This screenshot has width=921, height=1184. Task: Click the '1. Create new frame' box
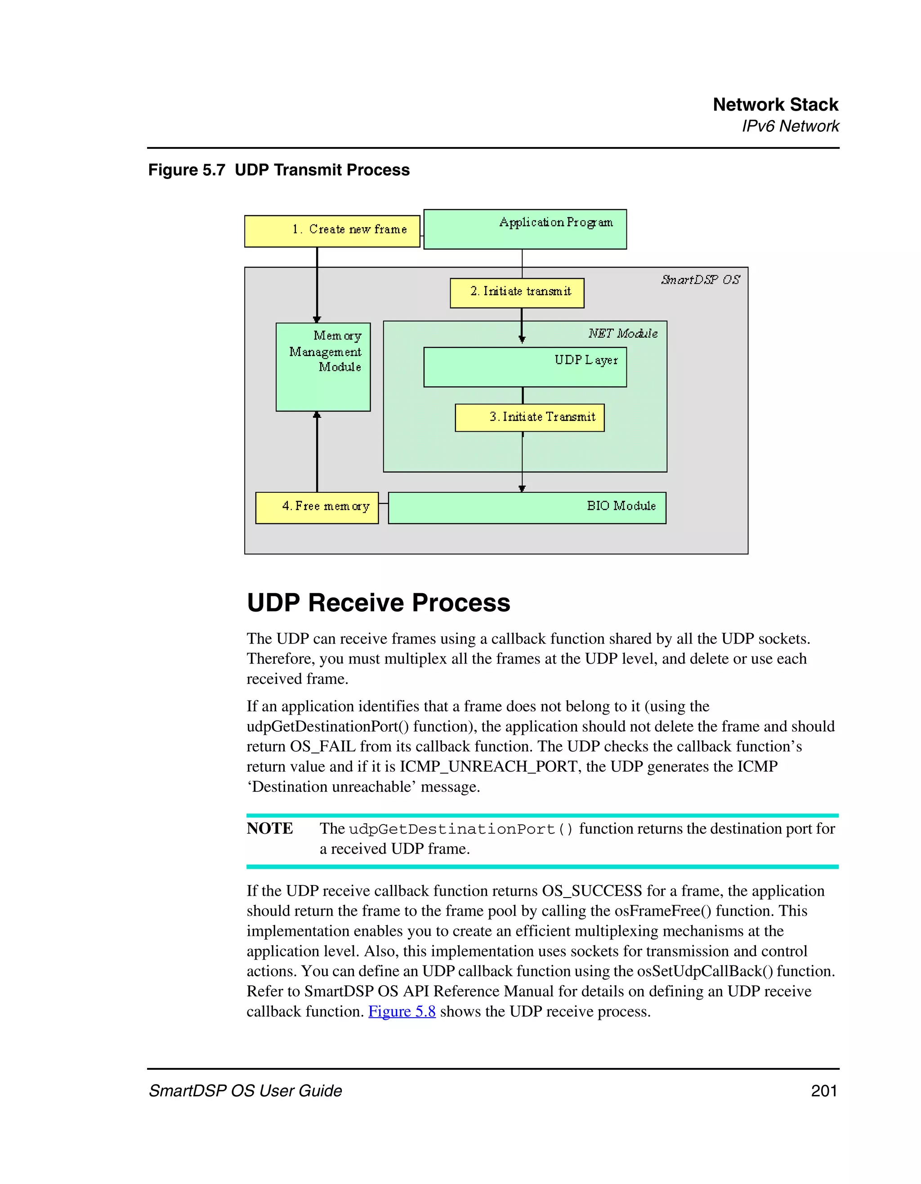[x=332, y=231]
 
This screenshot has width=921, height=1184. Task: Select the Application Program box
[x=524, y=229]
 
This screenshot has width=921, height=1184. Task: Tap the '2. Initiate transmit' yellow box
[x=517, y=293]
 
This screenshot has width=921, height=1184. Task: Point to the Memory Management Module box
[x=322, y=366]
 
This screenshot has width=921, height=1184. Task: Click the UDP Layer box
[x=524, y=367]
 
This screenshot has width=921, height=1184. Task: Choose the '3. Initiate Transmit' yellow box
[x=529, y=417]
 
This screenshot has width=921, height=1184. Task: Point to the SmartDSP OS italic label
[x=700, y=280]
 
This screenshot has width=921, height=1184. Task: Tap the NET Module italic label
[x=623, y=333]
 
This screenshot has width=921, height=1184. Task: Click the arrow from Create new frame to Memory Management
[x=317, y=285]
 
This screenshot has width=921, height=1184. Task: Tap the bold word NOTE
[x=269, y=828]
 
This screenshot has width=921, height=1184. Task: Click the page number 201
[x=823, y=1091]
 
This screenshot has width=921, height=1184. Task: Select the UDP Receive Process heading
[x=378, y=603]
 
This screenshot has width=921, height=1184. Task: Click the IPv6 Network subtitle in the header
[x=790, y=126]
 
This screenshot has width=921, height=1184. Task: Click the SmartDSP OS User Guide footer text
[x=246, y=1091]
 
